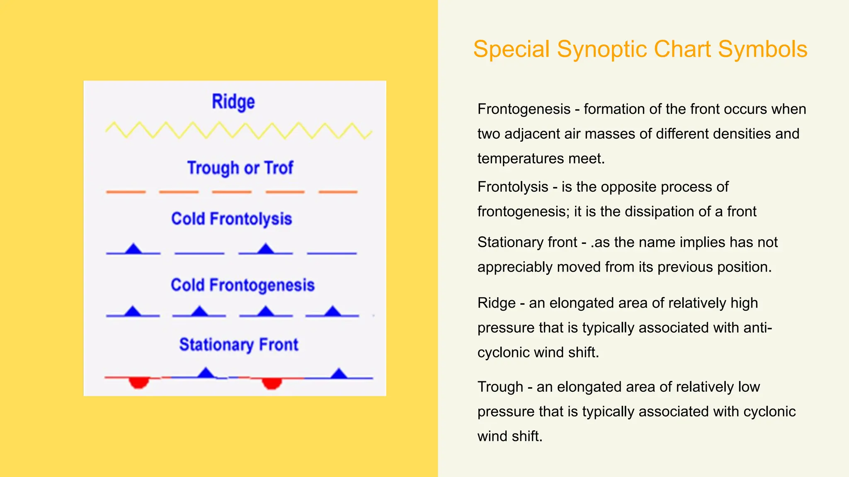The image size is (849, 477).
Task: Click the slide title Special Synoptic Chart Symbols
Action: pos(640,49)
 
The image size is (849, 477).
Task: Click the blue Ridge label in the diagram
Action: pos(233,102)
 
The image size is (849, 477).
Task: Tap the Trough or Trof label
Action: pos(240,168)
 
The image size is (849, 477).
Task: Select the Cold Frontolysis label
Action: pos(231,219)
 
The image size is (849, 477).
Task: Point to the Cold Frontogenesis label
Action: pos(243,285)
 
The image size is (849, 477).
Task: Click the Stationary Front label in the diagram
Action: pos(238,344)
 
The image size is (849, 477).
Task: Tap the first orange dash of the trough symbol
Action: pos(126,192)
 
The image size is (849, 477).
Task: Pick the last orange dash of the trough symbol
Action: pos(338,192)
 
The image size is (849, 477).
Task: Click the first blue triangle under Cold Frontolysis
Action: pos(133,249)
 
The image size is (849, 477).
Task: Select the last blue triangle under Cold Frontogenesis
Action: pos(332,311)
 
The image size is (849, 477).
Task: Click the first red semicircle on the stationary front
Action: pos(138,383)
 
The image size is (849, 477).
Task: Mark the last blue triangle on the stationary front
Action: pos(339,373)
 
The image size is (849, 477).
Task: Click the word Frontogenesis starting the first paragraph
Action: pos(524,109)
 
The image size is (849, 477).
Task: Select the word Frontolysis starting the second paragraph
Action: pos(512,187)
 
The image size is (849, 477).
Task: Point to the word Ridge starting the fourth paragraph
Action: pos(496,303)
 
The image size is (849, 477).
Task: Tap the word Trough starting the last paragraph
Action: pos(500,387)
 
